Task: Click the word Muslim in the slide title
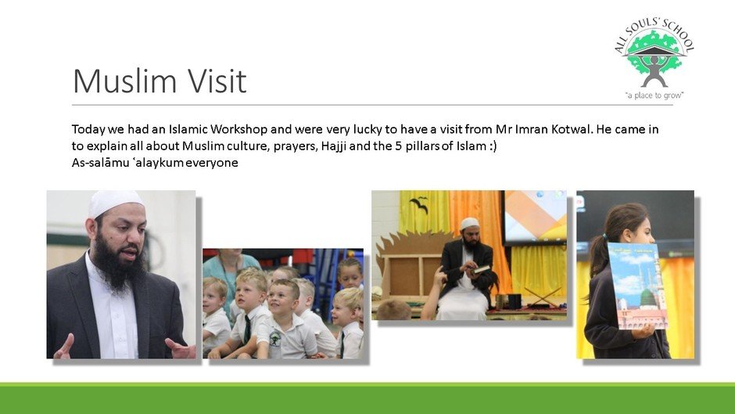click(x=125, y=81)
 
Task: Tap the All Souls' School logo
click(x=654, y=59)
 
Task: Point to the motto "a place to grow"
click(x=654, y=95)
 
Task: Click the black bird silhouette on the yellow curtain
click(x=420, y=203)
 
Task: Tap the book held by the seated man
click(x=482, y=269)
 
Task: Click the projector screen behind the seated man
click(x=534, y=217)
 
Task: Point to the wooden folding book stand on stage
click(x=542, y=297)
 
